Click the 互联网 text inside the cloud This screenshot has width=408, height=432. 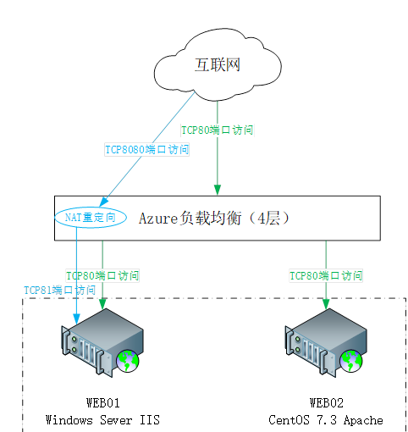coord(218,65)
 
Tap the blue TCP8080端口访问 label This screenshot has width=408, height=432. coord(146,149)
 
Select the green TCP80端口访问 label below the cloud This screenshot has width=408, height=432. coord(217,130)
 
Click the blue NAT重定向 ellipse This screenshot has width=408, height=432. coord(91,218)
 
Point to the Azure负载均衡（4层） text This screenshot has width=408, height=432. coord(214,219)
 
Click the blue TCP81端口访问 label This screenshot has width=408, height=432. coord(60,291)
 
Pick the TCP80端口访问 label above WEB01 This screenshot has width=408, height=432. coord(102,276)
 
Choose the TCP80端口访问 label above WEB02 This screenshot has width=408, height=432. coord(326,276)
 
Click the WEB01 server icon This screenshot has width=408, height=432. coord(102,343)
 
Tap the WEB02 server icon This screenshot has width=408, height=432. coord(326,343)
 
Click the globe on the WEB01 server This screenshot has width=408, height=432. coord(128,361)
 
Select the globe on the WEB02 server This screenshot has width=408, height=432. coord(351,361)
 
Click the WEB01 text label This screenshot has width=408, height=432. coord(103,403)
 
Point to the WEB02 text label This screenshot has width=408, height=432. coord(327,403)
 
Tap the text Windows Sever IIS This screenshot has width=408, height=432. coord(102,420)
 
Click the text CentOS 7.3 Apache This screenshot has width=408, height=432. coord(326,420)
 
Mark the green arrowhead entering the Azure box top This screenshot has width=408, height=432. coord(218,190)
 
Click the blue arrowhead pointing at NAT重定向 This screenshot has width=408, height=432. coord(103,202)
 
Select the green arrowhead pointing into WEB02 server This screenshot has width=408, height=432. coord(326,304)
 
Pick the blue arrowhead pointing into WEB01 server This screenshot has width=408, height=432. coord(76,318)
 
